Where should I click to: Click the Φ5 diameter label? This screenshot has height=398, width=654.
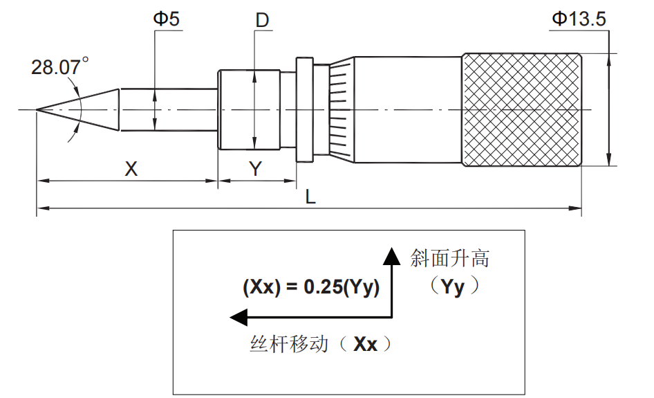(x=166, y=19)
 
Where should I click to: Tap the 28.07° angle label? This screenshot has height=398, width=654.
(x=59, y=67)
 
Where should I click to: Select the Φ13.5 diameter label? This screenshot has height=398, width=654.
(x=579, y=19)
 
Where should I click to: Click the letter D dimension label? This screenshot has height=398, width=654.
(x=262, y=20)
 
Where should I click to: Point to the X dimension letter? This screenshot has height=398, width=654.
(x=131, y=168)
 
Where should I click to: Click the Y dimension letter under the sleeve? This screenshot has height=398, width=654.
(x=256, y=168)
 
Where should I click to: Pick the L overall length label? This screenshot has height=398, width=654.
(x=310, y=197)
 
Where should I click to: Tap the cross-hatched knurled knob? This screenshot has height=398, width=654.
(x=521, y=109)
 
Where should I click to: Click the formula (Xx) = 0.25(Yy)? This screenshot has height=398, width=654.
(x=311, y=287)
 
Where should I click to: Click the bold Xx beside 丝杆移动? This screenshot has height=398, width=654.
(x=365, y=344)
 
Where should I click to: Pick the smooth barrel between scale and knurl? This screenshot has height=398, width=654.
(x=408, y=109)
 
